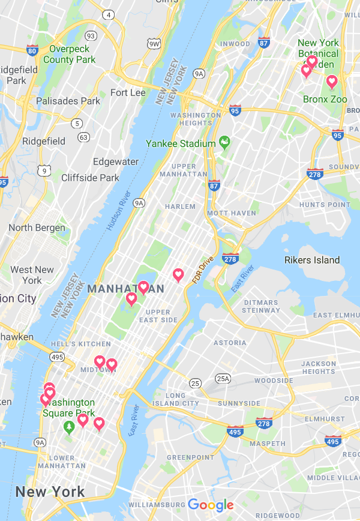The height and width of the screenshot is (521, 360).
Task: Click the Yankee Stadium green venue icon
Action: pos(225,143)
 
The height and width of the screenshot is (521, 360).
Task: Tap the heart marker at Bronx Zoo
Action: pos(331,82)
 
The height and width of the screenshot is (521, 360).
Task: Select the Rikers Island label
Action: pos(312,260)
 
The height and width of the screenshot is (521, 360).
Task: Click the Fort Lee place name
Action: pos(128,92)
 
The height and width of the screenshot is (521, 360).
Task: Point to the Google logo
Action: pos(211,505)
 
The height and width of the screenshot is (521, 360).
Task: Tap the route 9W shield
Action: pos(154,44)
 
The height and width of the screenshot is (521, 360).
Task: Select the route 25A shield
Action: pos(223,378)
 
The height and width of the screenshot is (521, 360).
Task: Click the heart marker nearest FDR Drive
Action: pos(178,274)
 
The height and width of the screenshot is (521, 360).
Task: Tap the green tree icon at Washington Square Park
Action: pos(69,426)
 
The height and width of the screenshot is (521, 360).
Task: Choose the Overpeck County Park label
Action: pos(69,54)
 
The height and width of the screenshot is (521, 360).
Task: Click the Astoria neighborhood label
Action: pos(229,343)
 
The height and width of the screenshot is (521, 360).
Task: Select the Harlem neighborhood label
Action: pos(181,206)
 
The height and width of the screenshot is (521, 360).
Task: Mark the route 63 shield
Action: pos(83,137)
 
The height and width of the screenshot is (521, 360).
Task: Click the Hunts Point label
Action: pos(325,205)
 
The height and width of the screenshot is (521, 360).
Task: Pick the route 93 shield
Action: pos(91,36)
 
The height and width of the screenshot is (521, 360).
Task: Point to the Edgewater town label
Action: pos(116,162)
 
